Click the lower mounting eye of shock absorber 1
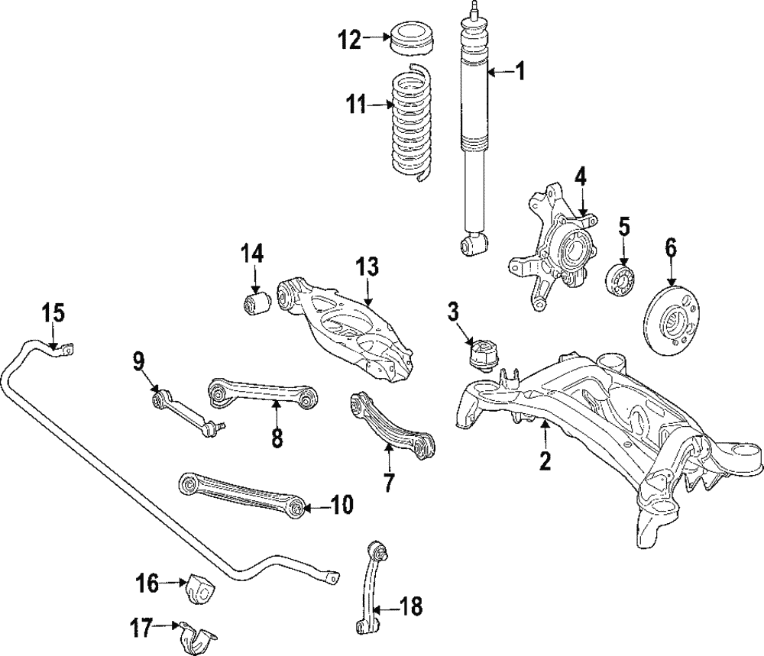pos(474,244)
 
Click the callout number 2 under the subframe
pos(545,460)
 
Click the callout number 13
pos(367,267)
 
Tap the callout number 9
pos(138,361)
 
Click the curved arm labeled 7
pos(393,425)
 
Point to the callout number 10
pos(341,504)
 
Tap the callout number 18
pos(410,607)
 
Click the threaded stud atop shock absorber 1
pos(474,8)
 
